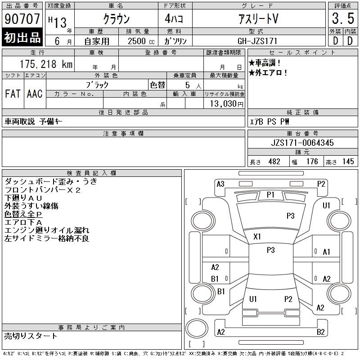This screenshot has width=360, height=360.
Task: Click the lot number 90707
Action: click(x=22, y=19)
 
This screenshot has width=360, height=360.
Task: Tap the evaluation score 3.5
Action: click(x=343, y=18)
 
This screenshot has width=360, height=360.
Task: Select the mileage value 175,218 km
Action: click(x=46, y=64)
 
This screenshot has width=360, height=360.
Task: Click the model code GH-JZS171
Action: click(x=257, y=41)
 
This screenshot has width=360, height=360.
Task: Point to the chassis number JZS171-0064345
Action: click(x=302, y=143)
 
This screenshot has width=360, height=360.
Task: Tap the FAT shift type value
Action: click(x=13, y=94)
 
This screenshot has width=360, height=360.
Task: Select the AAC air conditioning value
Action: click(x=35, y=94)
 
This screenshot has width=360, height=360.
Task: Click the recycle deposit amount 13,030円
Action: click(x=227, y=104)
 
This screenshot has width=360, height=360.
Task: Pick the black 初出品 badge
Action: click(x=22, y=37)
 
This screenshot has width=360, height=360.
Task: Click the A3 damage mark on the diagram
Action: click(x=220, y=184)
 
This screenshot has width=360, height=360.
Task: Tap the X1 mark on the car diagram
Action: click(x=257, y=237)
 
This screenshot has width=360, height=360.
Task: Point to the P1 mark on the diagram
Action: click(x=270, y=195)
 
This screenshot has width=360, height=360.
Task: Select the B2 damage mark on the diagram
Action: click(x=320, y=332)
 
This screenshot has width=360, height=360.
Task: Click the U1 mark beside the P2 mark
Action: click(x=253, y=299)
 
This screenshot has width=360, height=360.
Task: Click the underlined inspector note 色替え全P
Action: click(x=23, y=214)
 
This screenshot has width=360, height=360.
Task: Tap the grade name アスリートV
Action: click(x=258, y=18)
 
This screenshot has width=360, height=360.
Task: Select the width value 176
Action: click(x=312, y=162)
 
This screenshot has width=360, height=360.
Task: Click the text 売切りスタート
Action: click(x=31, y=336)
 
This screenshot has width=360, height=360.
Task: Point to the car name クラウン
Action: click(x=117, y=18)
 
